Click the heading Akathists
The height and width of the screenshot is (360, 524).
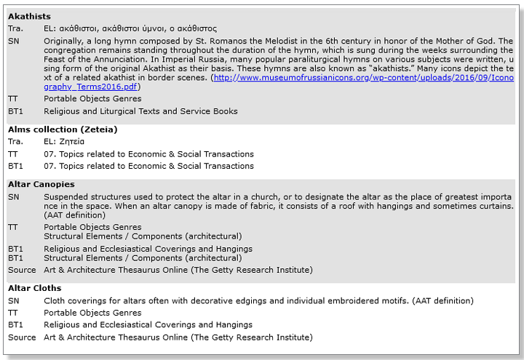pos(29,16)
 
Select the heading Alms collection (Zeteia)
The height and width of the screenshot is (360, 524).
pos(63,129)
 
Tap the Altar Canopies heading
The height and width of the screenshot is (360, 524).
pos(41,185)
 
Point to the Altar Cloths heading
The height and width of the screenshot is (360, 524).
pos(34,289)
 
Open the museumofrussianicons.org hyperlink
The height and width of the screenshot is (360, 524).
pos(362,78)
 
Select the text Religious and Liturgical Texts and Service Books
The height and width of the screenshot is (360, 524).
pos(140,111)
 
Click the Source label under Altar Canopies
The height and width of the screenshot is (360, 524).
pos(22,271)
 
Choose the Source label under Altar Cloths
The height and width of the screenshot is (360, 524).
pos(22,337)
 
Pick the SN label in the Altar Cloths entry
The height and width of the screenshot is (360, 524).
pos(14,301)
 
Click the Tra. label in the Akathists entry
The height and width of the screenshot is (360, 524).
pos(15,28)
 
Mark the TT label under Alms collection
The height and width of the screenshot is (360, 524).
pos(13,154)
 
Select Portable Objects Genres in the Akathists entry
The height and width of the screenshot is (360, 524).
pos(92,99)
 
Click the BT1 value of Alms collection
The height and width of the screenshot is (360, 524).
pos(148,167)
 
